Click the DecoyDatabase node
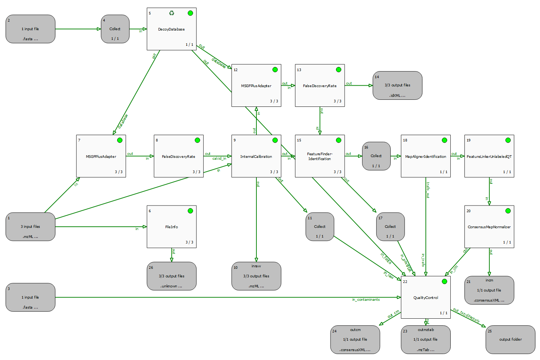coord(172,29)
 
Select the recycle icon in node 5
coord(172,13)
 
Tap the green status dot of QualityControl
coord(444,281)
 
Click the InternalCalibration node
coord(256,156)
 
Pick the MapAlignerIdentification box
coord(425,156)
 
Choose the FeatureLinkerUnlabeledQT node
coord(489,156)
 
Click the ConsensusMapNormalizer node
coord(489,227)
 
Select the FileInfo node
coord(172,227)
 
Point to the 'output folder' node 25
coord(510,340)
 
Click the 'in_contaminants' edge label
coord(366,300)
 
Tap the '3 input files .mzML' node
coord(31,227)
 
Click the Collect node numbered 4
coord(115,29)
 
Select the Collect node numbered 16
coord(376,156)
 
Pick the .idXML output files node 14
coord(397,86)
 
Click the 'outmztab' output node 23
coord(425,340)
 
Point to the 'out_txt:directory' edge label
coord(466,315)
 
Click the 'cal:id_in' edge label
coord(219,159)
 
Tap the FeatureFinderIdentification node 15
coord(320,156)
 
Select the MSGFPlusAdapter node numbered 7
coord(101,156)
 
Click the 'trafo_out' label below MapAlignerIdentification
coord(428,190)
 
